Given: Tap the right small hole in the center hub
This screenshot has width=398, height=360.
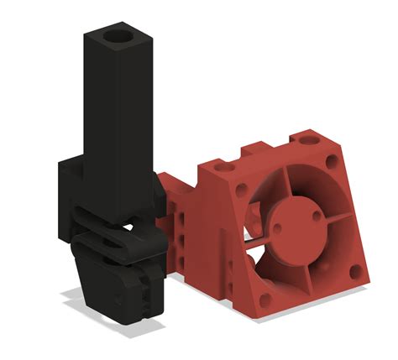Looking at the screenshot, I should coord(317,215).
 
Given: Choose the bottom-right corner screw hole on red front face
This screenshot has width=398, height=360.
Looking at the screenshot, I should coord(355,271).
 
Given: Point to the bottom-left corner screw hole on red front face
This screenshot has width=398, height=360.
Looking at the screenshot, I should coord(263,299).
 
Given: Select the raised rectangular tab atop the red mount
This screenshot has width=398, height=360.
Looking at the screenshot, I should coord(259,153).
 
